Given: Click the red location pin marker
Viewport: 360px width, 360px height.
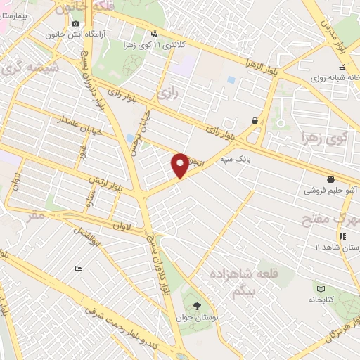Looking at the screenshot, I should (x=180, y=165).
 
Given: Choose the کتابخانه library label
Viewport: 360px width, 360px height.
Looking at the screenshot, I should (x=321, y=299).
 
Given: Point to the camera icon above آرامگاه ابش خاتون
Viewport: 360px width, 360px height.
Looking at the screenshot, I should (x=75, y=24).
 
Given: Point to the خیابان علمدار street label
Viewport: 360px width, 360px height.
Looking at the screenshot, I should (x=62, y=127).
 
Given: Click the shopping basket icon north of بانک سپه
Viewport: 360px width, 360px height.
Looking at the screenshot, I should (x=254, y=120).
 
